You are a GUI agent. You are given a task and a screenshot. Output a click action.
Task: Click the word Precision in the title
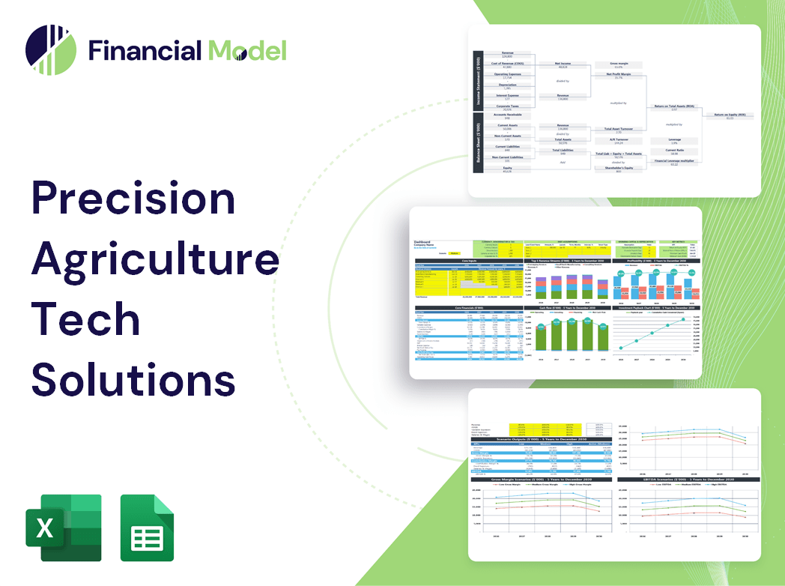133,199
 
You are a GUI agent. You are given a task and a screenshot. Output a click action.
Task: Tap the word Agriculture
155,259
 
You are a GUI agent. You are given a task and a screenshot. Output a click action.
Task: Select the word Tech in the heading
85,318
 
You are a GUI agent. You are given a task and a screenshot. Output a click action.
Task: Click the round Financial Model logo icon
50,50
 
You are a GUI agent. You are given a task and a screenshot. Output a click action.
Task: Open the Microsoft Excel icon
63,528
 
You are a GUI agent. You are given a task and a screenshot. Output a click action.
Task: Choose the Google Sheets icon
147,528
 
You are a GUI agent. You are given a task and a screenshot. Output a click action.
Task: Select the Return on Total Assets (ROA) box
673,107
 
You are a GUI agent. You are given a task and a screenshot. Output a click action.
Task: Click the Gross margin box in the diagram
618,65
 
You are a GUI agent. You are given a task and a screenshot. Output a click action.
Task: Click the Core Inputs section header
469,262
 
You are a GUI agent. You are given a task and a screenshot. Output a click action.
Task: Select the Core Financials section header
469,309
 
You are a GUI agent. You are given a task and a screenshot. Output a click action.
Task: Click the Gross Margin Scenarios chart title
539,479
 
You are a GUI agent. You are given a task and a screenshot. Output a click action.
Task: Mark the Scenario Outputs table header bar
539,440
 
